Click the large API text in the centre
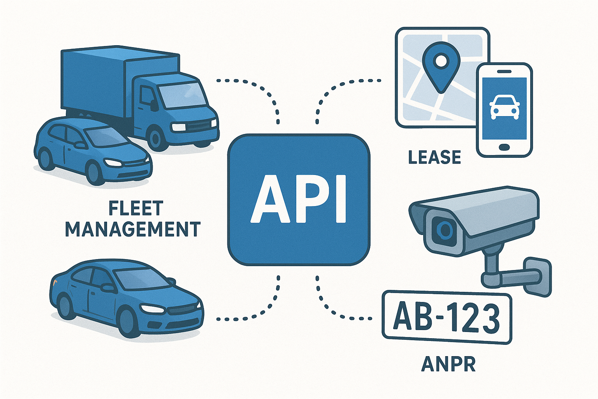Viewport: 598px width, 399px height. click(x=298, y=199)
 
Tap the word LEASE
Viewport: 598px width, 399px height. click(x=434, y=157)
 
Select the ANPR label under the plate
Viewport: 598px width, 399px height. click(x=448, y=364)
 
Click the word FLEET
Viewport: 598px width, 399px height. click(x=136, y=209)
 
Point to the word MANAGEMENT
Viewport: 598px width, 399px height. click(x=133, y=229)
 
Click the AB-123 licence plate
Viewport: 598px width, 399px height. click(x=447, y=318)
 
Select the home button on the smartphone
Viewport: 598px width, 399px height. click(x=504, y=147)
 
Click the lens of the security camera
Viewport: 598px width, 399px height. click(x=443, y=230)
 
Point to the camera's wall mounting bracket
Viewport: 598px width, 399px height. click(x=537, y=275)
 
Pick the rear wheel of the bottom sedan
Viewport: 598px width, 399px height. click(x=65, y=306)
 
